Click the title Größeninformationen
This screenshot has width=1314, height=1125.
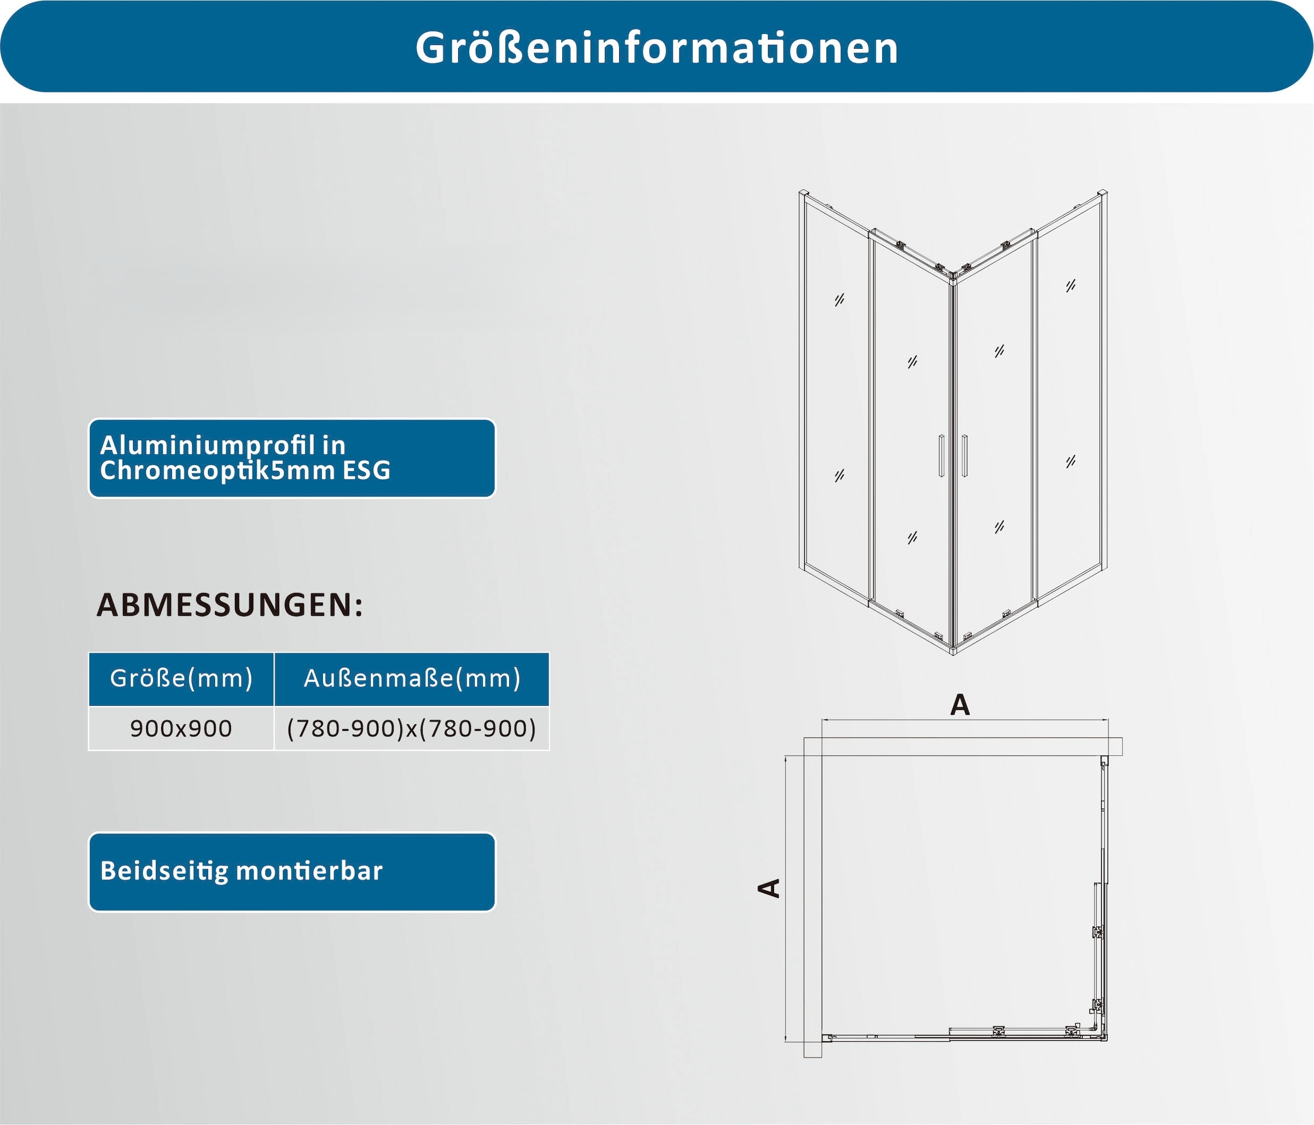[x=657, y=48]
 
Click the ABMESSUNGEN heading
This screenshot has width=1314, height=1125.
[x=229, y=605]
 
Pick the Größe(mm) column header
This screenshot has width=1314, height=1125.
[x=181, y=678]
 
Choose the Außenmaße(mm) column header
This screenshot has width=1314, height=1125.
[x=412, y=678]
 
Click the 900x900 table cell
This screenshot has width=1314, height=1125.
[x=181, y=729]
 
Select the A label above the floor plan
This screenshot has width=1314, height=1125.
[x=960, y=705]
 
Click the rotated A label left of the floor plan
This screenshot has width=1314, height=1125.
[x=769, y=888]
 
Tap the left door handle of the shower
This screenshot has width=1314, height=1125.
[x=942, y=455]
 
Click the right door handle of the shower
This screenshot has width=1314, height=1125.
[x=965, y=455]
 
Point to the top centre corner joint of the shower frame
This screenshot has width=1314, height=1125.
[x=953, y=274]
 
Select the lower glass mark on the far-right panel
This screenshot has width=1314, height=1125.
[x=1071, y=461]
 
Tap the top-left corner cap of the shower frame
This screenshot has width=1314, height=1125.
[x=804, y=193]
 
